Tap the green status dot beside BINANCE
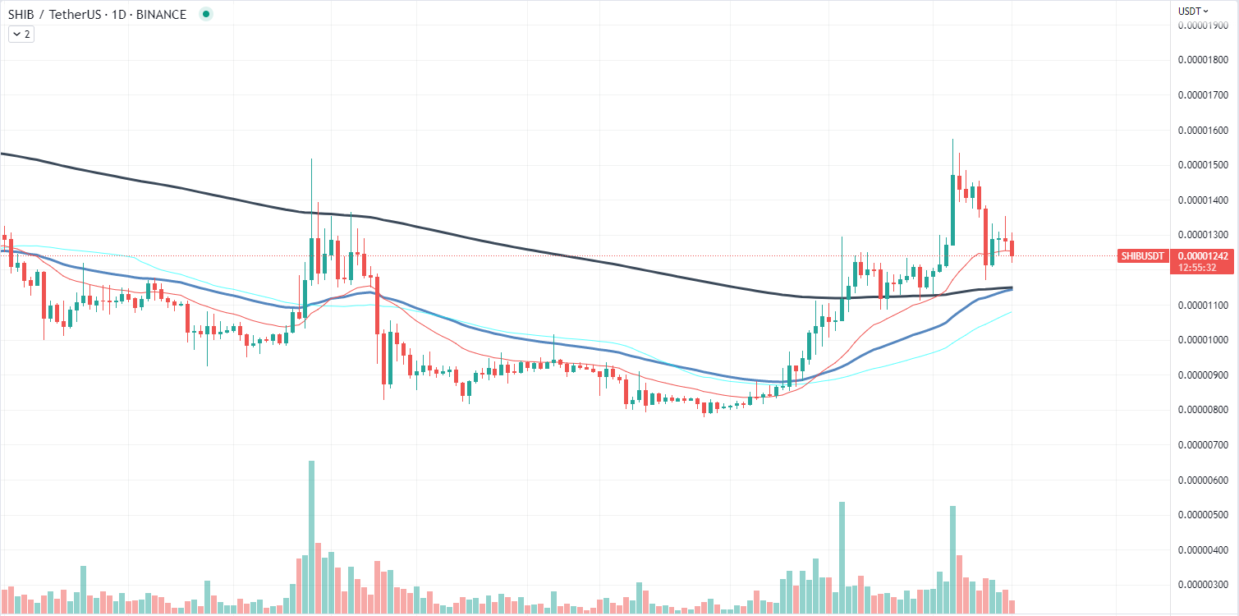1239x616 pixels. pyautogui.click(x=205, y=14)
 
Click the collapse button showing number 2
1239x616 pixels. pyautogui.click(x=21, y=34)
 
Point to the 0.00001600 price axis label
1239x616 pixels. pyautogui.click(x=1205, y=131)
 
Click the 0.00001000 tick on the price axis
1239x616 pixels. pyautogui.click(x=1205, y=340)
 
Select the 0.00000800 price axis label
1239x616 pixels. pyautogui.click(x=1205, y=410)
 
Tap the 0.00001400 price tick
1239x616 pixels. pyautogui.click(x=1205, y=200)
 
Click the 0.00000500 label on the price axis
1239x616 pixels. pyautogui.click(x=1205, y=515)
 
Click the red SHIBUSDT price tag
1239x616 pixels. pyautogui.click(x=1142, y=256)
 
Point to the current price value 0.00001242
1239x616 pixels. pyautogui.click(x=1204, y=256)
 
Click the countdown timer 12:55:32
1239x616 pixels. pyautogui.click(x=1204, y=268)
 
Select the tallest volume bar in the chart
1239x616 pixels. pyautogui.click(x=311, y=534)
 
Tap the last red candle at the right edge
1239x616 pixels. pyautogui.click(x=1012, y=247)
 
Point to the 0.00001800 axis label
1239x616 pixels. pyautogui.click(x=1205, y=61)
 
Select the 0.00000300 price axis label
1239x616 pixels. pyautogui.click(x=1205, y=585)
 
